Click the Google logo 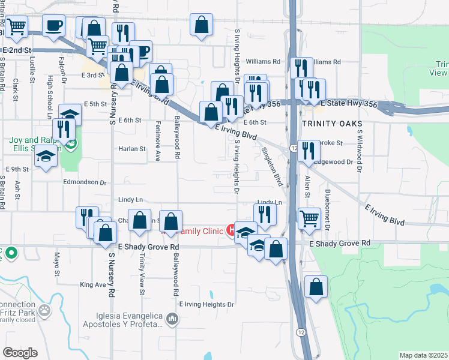click(20, 353)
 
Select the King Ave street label click(92, 284)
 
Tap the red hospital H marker click(230, 230)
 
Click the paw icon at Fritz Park click(44, 310)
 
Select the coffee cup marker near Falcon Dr click(54, 26)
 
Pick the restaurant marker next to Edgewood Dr click(309, 151)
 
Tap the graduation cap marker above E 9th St click(45, 157)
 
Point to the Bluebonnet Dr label click(327, 210)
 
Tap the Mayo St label click(58, 263)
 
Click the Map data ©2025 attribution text click(423, 355)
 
